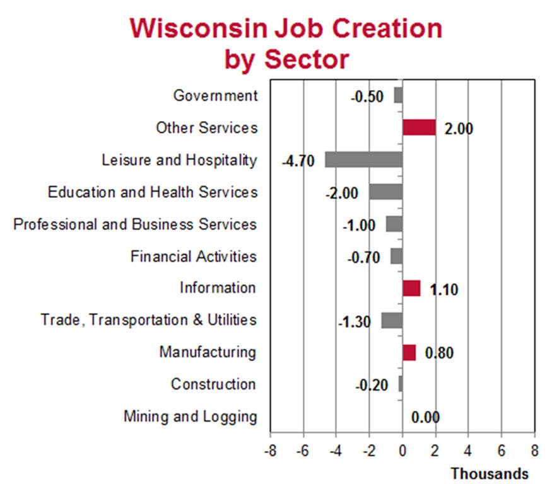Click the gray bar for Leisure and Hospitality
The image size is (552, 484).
point(363,159)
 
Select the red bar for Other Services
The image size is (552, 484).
point(419,127)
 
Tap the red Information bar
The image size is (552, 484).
point(411,288)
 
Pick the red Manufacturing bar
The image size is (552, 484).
point(409,352)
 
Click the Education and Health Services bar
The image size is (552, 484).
point(385,192)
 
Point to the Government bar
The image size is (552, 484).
point(398,95)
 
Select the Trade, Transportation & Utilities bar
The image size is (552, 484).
point(392,320)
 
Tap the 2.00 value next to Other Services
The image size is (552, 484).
point(459,129)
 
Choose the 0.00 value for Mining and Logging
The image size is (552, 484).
point(425,417)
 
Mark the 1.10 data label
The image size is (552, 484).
point(443,290)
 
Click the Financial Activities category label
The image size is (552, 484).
point(194,256)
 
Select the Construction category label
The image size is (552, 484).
point(213,384)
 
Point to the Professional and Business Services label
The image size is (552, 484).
point(135,224)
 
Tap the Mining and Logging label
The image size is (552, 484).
point(190,417)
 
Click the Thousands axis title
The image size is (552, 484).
point(489,473)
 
